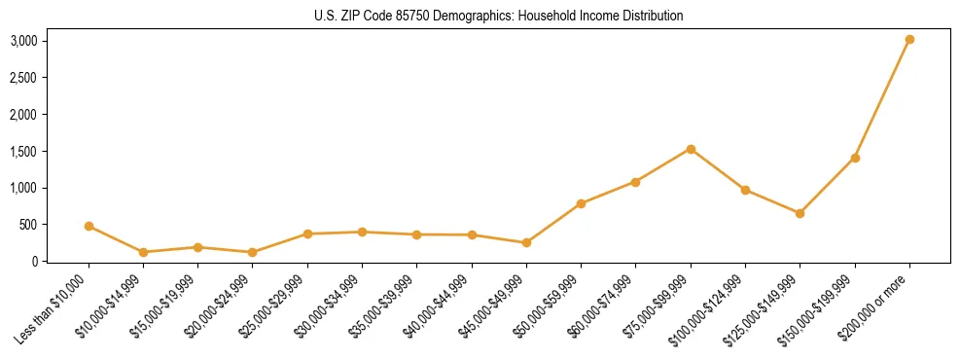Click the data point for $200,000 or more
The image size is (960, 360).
(x=909, y=40)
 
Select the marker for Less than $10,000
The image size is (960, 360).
(x=89, y=226)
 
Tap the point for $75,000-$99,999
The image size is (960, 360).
(x=691, y=149)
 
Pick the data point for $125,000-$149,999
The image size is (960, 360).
(x=800, y=213)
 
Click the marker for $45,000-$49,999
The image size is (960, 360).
(x=526, y=242)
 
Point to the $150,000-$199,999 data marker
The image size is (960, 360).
(x=855, y=158)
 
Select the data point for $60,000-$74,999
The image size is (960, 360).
(x=635, y=182)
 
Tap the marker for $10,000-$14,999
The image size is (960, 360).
(x=143, y=252)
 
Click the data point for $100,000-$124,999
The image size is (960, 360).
(x=745, y=190)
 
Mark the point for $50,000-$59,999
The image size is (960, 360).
(x=581, y=203)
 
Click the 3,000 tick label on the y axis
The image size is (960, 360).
(x=24, y=41)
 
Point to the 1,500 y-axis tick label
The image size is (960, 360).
(x=24, y=152)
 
